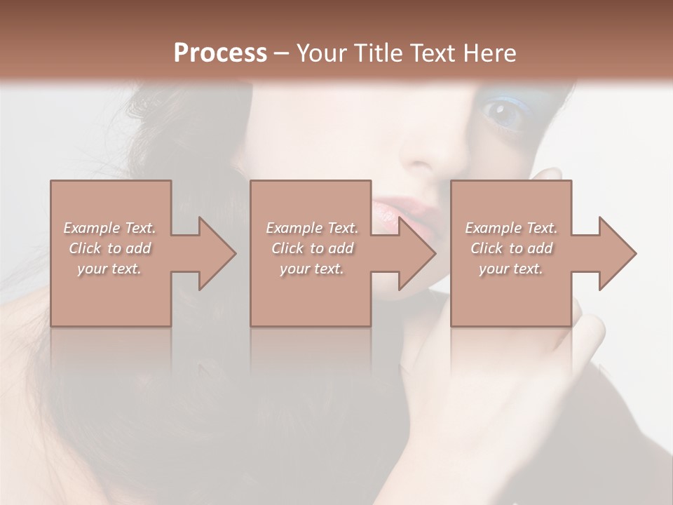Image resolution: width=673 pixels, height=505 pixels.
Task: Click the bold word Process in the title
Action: (x=220, y=53)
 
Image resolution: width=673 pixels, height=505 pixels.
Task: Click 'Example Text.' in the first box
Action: (x=110, y=228)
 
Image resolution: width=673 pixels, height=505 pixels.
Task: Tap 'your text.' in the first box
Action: (x=109, y=269)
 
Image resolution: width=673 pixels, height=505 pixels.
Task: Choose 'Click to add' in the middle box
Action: (x=312, y=248)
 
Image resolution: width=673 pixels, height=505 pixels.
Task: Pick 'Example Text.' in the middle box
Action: (x=312, y=228)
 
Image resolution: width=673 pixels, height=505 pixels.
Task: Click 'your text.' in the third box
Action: (x=511, y=269)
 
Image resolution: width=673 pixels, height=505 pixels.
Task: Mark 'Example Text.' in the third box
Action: (x=511, y=228)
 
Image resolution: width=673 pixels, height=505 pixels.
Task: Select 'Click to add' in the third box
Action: (x=511, y=248)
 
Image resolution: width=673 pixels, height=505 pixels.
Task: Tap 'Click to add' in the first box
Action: (x=110, y=248)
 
